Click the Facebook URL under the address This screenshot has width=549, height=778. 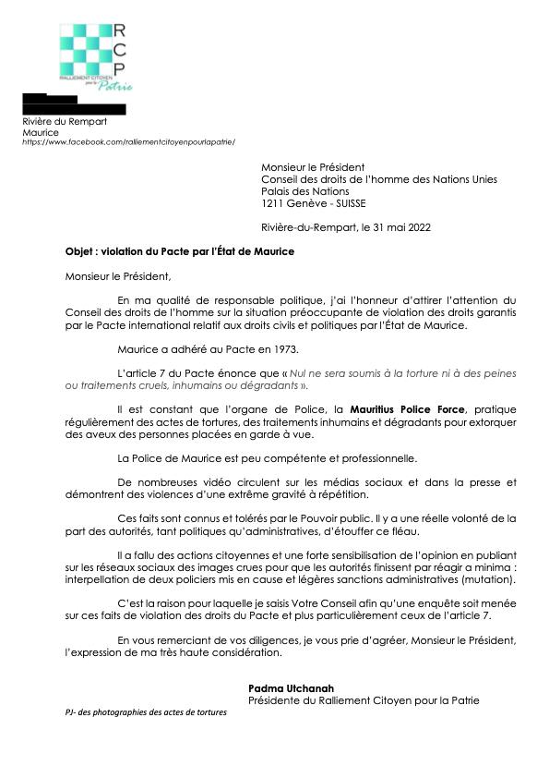[x=129, y=141]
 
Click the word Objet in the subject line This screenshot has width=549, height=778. [x=80, y=251]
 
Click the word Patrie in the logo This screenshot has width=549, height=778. [x=118, y=87]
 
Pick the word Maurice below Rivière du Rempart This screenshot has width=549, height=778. [x=41, y=132]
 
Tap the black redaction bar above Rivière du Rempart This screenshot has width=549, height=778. [x=74, y=109]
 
